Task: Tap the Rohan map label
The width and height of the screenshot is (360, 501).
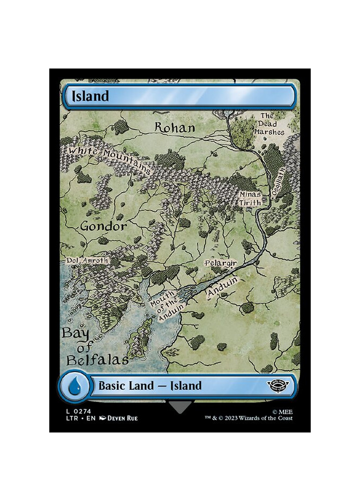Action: click(x=175, y=127)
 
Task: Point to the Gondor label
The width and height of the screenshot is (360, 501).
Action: click(x=104, y=226)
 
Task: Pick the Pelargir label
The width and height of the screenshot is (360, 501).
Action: click(x=221, y=264)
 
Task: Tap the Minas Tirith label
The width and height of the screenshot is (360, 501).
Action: click(x=250, y=198)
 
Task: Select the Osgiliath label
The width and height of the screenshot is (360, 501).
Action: click(x=277, y=188)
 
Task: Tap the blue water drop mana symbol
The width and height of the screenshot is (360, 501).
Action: click(x=74, y=385)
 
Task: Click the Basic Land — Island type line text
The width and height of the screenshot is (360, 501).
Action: click(x=149, y=385)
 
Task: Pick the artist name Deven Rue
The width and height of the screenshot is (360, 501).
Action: click(x=123, y=418)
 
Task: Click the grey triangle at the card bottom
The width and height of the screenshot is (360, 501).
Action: click(x=180, y=407)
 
